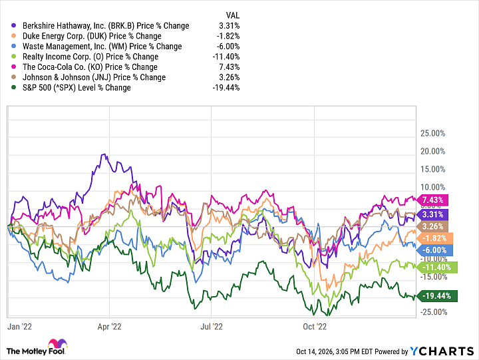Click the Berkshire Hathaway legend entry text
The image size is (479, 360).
click(x=106, y=26)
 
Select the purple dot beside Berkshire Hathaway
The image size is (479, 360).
click(x=13, y=25)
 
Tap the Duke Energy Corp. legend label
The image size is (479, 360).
click(x=92, y=36)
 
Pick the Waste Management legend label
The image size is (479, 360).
click(x=102, y=47)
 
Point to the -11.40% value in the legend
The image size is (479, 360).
click(x=226, y=57)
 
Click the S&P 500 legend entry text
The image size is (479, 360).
click(x=77, y=88)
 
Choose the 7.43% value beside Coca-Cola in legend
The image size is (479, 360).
click(x=230, y=67)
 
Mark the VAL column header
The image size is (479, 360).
click(x=233, y=15)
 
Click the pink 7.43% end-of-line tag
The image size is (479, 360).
click(x=432, y=200)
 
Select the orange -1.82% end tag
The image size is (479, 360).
click(x=434, y=238)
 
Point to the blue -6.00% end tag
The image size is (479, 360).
click(x=434, y=250)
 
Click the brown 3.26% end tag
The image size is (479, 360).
click(x=432, y=226)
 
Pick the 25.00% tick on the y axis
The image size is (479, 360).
click(x=433, y=133)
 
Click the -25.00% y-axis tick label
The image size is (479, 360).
click(x=434, y=312)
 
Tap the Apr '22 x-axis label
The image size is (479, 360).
click(x=109, y=327)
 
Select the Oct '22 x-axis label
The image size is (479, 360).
click(x=315, y=327)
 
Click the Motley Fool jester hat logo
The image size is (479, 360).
click(x=57, y=343)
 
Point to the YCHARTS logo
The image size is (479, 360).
click(x=442, y=351)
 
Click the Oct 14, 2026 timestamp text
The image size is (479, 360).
click(x=335, y=352)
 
